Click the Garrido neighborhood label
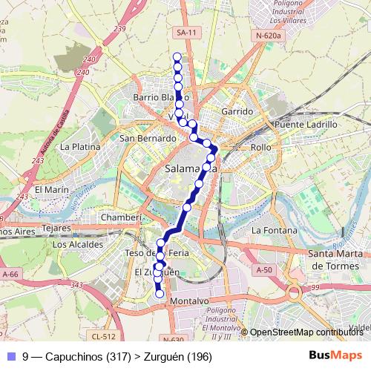point(237,111)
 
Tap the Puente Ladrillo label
point(306,125)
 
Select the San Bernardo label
point(148,138)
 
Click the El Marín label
point(52,189)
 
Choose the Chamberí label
point(121,217)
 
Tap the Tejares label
point(56,228)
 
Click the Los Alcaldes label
point(78,243)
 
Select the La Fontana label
point(274,231)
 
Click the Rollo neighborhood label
point(261,147)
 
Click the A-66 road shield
point(10,274)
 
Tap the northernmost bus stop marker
point(177,57)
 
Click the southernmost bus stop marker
point(160,294)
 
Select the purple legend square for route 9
point(9,357)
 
